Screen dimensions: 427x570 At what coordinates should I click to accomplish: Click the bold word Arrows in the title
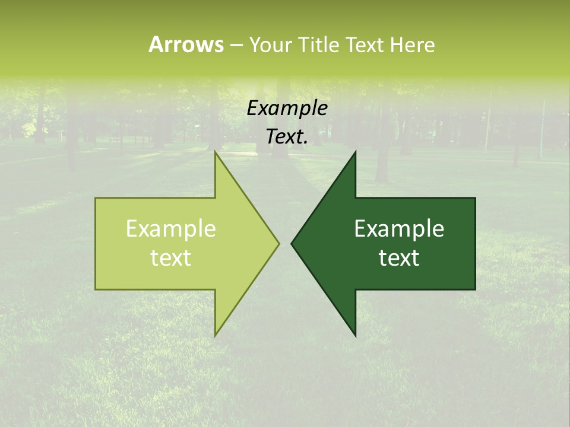(186, 44)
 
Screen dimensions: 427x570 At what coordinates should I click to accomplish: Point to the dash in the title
(236, 46)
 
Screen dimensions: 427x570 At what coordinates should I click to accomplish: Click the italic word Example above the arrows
(287, 109)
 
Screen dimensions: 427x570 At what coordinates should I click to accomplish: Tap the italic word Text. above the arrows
(287, 136)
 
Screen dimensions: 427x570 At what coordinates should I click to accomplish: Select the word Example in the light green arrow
(171, 229)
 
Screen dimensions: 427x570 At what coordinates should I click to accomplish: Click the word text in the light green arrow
(171, 258)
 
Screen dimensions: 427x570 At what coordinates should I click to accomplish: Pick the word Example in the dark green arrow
(399, 229)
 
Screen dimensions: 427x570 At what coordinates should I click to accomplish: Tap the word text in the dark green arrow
(399, 258)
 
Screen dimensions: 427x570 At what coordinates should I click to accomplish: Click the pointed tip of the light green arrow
(278, 243)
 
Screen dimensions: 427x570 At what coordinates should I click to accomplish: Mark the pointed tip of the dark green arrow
(292, 243)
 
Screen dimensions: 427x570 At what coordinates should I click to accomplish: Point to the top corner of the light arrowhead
(216, 152)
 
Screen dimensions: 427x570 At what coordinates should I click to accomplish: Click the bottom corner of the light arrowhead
(216, 335)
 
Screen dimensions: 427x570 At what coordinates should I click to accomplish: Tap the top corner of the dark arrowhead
(355, 152)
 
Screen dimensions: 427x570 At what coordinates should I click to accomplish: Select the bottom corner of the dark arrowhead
(355, 335)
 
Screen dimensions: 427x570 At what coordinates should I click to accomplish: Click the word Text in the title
(366, 44)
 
